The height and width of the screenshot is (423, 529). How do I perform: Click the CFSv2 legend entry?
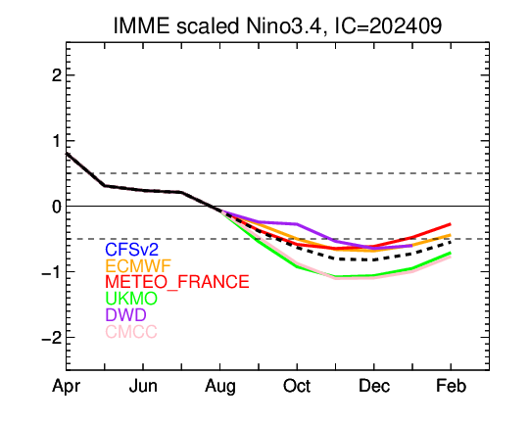(131, 250)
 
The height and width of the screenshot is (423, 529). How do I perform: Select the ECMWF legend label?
(138, 265)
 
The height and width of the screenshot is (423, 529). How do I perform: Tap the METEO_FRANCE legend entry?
(177, 282)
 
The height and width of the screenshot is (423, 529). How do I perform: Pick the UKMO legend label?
(131, 299)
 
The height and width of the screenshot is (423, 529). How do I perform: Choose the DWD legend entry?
(125, 314)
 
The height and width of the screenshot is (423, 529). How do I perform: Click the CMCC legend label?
(131, 331)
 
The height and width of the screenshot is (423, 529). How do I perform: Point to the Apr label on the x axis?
(67, 387)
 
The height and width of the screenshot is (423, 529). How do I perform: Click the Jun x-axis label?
(143, 386)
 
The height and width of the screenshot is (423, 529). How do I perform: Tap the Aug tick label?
(220, 387)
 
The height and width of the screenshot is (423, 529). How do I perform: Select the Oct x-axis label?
(297, 386)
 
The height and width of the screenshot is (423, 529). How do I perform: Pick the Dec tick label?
(374, 386)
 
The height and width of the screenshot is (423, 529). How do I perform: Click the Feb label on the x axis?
(451, 386)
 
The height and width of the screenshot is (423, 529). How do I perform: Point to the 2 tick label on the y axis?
(57, 75)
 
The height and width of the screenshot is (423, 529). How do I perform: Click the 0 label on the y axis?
(57, 207)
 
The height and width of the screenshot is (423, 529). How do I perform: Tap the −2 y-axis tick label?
(52, 337)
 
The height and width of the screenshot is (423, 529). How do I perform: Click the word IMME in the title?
(141, 25)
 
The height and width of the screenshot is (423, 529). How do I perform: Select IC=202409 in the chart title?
(388, 25)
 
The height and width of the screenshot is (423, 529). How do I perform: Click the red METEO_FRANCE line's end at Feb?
(451, 224)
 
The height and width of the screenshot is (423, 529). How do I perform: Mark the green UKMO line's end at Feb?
(451, 253)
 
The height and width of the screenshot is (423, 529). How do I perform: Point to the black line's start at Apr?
(67, 153)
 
